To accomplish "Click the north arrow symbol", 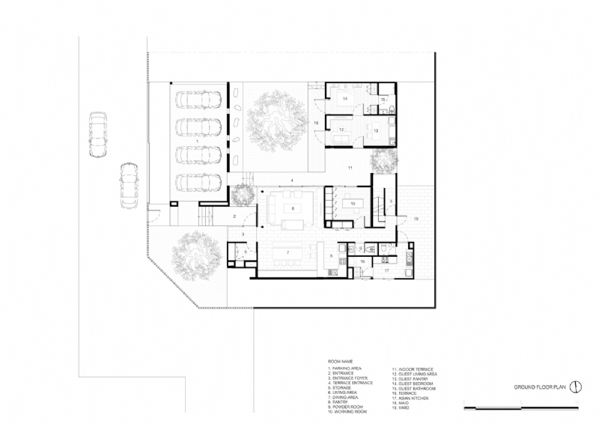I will [x=576, y=387].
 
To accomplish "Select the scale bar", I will [x=522, y=408].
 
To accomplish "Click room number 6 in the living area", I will [x=294, y=208].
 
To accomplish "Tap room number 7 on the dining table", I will [x=288, y=253].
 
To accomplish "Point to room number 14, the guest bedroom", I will [x=345, y=98].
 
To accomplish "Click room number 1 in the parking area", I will [x=197, y=141].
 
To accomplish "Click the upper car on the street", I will [x=97, y=135].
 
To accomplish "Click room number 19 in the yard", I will [x=416, y=218].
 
